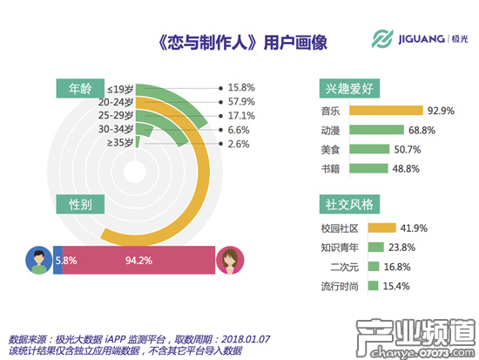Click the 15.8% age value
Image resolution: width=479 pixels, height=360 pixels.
pos(240,87)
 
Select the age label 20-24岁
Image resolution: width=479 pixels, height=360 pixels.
pos(117,101)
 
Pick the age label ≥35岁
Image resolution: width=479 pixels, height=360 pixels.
pos(120,142)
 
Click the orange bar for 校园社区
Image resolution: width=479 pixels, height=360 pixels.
pos(383,228)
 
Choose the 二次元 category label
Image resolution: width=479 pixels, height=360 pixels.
pos(345,267)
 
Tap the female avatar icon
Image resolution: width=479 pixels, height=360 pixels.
pos(230,259)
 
